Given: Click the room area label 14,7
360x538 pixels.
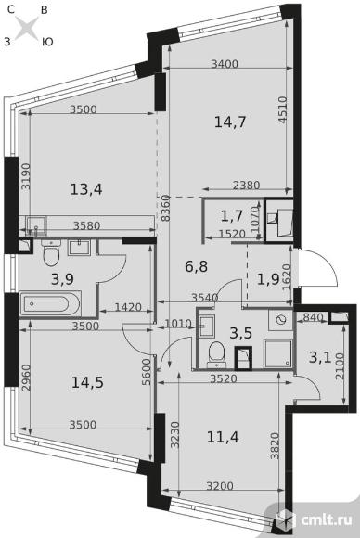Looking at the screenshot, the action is point(230,122).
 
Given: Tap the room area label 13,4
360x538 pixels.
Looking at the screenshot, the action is point(86,189).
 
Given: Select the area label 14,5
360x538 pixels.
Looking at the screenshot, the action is point(87,382).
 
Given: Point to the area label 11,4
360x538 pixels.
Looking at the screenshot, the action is point(223,437).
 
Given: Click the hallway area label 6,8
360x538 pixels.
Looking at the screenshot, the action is point(197,266).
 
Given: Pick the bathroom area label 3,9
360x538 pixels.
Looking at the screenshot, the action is point(62,279).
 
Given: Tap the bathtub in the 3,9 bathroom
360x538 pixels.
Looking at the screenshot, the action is point(50,303).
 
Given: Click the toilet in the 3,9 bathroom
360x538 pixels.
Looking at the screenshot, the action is point(51,253).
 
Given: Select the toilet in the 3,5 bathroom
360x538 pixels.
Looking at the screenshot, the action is point(216,352).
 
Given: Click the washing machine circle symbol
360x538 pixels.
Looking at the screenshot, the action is point(281,320).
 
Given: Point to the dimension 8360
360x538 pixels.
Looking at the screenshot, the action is point(165,208).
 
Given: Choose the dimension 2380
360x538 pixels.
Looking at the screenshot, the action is point(247,186).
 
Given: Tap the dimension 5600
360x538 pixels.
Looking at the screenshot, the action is point(147,372).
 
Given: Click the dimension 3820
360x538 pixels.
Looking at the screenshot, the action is point(275,446).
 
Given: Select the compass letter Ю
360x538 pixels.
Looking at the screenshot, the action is point(47,42).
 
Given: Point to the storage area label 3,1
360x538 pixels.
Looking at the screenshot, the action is point(320,357).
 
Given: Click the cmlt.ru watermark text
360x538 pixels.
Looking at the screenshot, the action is point(327,519).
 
